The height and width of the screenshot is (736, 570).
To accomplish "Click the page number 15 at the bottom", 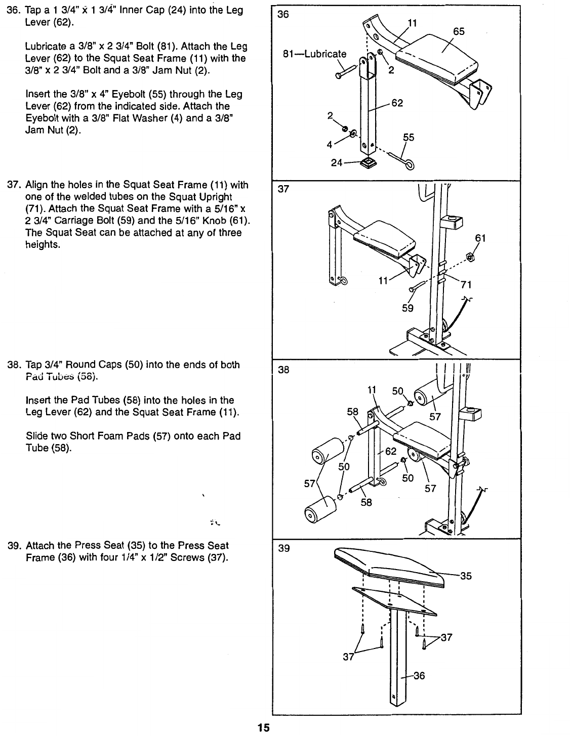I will coord(264,728).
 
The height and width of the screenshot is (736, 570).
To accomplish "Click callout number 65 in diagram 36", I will coord(459,31).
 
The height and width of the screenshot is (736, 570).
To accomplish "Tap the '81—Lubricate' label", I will coord(315,54).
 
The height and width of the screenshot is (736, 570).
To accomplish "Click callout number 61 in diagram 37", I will coord(480,238).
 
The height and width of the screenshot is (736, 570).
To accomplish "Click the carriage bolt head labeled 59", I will coord(412,289).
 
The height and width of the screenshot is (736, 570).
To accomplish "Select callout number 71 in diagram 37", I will coord(466,285).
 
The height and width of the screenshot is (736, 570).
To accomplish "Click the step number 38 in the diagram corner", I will coord(283,370).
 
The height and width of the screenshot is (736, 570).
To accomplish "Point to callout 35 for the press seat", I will coord(465,576).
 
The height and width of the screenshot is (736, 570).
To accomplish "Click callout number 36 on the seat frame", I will coord(419,676).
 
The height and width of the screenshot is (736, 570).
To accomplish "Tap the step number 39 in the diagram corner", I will coord(283,548).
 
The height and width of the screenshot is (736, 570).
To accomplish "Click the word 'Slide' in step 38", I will coord(35,436).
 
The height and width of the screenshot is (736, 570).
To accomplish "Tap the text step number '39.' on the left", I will coord(14,546).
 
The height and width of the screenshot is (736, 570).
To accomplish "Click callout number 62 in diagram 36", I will coord(397,103).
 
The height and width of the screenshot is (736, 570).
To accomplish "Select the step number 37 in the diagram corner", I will coord(283,189).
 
